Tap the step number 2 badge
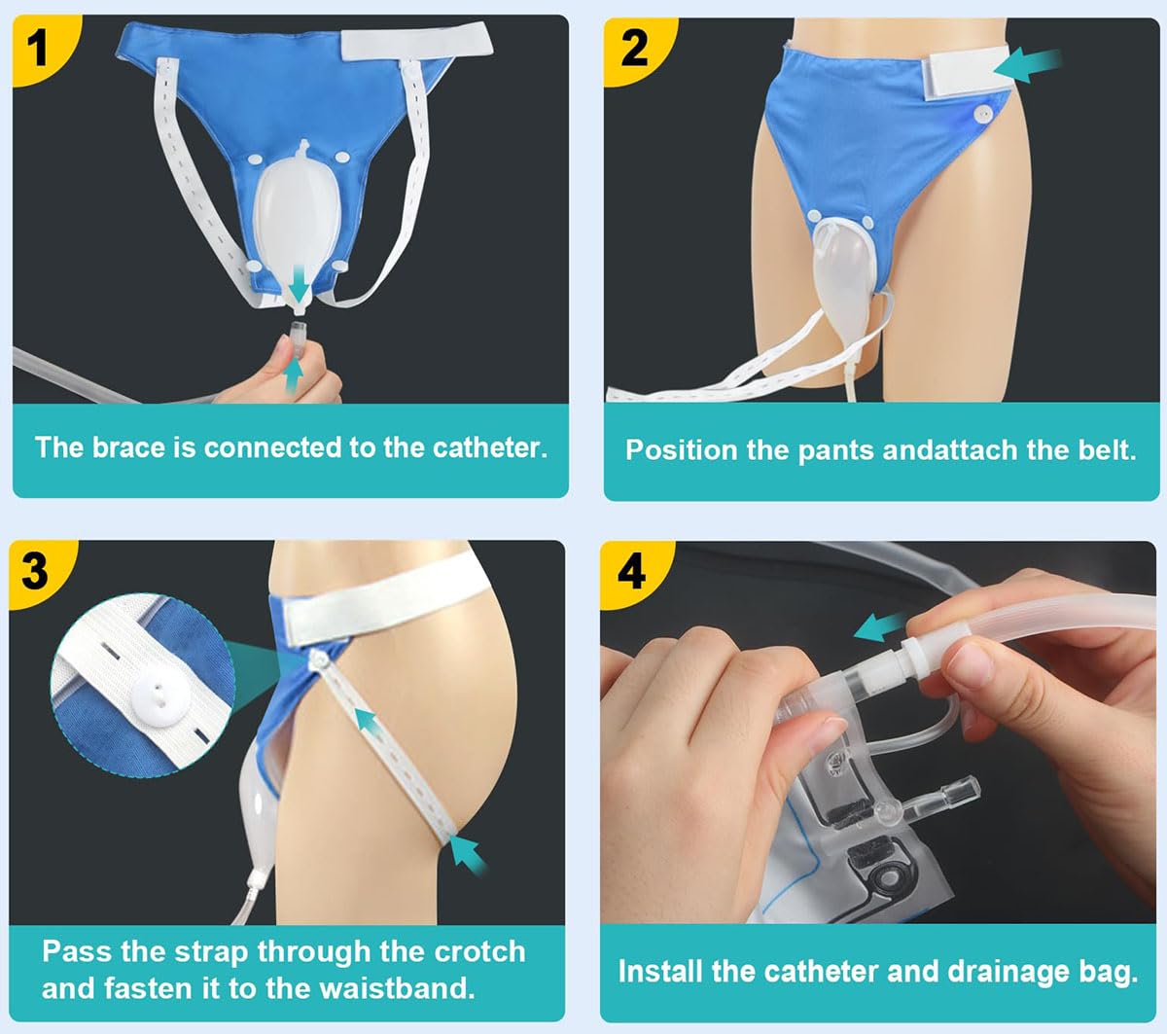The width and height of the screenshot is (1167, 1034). coord(634,49)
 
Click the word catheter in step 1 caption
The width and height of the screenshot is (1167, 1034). coord(489,448)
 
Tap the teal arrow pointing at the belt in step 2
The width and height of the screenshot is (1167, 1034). coord(1027,66)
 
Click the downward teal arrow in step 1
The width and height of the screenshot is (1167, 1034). coord(299,283)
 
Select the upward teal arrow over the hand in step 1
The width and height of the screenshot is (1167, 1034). coord(293,374)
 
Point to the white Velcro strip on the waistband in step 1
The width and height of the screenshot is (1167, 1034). coord(417,42)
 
